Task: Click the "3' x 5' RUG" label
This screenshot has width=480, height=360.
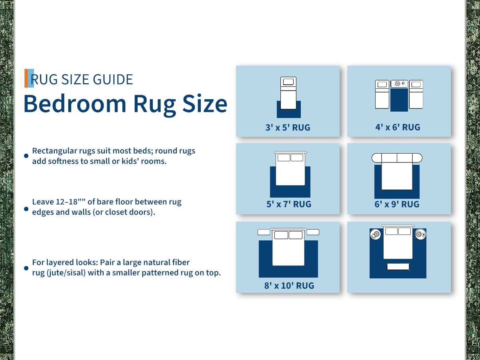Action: pos(288,128)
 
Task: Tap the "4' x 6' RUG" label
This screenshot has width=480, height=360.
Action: pos(398,127)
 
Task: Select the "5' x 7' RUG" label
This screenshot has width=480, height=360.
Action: pos(289,204)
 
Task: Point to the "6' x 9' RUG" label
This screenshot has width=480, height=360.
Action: pos(397,204)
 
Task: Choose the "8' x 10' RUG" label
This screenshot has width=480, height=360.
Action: pos(289,286)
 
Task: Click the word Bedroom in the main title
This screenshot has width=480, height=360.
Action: pos(75,104)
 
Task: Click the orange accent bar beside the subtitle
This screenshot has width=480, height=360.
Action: pos(26,78)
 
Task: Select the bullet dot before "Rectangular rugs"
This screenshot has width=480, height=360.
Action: pos(26,156)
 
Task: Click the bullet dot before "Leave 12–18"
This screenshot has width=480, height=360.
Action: pos(26,209)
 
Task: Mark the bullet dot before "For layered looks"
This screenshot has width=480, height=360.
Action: pos(26,268)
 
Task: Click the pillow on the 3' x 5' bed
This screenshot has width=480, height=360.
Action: pos(288,82)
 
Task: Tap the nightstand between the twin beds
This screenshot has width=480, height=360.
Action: pos(399,84)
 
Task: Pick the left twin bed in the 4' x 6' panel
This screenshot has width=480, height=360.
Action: pos(382,94)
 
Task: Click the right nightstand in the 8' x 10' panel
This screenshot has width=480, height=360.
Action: pos(313,232)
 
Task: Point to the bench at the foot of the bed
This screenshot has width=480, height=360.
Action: pos(398,267)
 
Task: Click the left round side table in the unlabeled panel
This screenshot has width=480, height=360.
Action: pos(376,234)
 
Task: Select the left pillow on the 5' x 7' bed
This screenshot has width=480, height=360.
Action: pos(284,158)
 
